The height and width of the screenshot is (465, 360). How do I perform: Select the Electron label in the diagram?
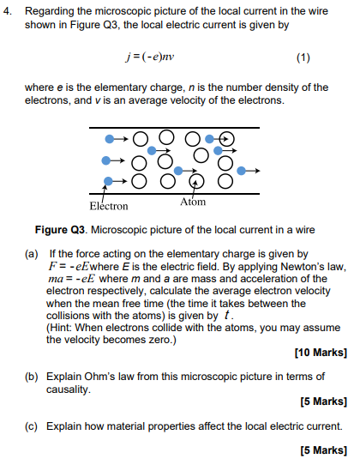pyautogui.click(x=108, y=207)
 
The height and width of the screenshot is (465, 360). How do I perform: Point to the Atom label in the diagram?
pyautogui.click(x=193, y=202)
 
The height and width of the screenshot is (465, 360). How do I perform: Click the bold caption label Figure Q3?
pyautogui.click(x=61, y=230)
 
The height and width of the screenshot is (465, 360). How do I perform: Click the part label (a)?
pyautogui.click(x=31, y=254)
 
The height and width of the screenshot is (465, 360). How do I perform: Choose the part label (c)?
pyautogui.click(x=31, y=426)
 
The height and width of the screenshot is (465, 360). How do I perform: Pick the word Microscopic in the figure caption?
pyautogui.click(x=119, y=230)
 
